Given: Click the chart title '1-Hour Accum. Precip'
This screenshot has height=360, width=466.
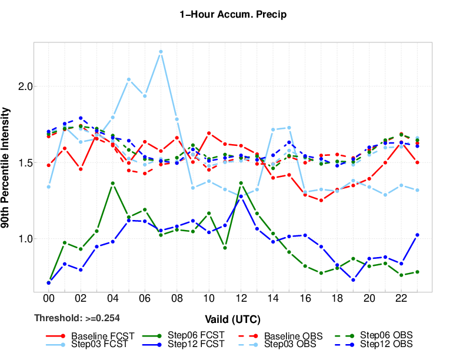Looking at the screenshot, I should coord(233,15).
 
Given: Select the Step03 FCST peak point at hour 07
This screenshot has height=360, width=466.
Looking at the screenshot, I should coord(161,52).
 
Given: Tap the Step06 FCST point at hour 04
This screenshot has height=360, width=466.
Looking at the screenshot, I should coord(112,183).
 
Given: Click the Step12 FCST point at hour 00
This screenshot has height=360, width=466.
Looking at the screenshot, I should coord(48,283).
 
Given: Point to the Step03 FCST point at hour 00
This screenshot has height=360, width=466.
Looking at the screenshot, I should coord(48,186).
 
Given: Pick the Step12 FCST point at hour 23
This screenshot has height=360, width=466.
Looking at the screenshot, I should coord(417,235).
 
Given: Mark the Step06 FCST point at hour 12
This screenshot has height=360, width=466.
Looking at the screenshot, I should coord(241,183).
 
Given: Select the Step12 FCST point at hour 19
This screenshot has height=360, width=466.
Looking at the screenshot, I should coord(353,280).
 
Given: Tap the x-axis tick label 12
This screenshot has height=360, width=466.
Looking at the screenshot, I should coord(241,299).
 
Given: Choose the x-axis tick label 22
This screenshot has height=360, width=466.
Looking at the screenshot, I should coord(401,299).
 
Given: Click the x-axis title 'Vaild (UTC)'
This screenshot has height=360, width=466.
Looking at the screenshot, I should coord(233,319).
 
